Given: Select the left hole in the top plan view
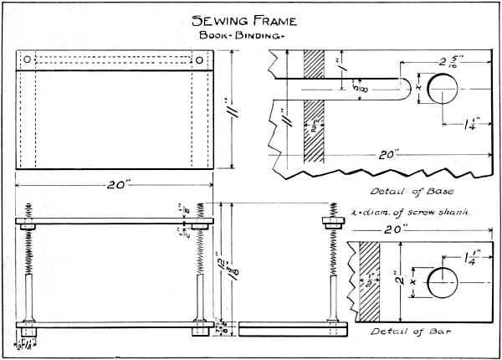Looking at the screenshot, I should (x=27, y=60).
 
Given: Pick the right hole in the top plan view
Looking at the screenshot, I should (x=202, y=60).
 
